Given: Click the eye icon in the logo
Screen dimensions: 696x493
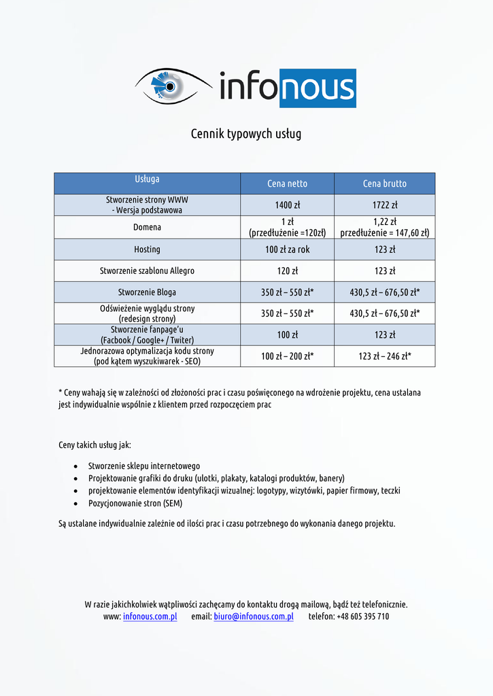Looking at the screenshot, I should pos(168,86).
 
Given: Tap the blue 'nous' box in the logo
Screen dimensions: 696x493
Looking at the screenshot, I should pos(318,88).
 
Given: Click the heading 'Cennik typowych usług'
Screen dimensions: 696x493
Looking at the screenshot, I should pos(245,134).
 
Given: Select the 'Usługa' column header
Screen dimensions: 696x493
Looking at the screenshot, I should pos(147,179).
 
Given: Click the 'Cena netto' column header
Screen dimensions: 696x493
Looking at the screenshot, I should pos(287,184).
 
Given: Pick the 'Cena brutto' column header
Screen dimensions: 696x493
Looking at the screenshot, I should pos(384,184).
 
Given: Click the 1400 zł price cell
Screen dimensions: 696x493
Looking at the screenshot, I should pos(287,205).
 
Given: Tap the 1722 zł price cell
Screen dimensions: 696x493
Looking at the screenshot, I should pos(384,205).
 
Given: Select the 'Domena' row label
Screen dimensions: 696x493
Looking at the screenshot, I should pos(147,227).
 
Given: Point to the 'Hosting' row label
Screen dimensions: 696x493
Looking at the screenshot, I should pos(147,249).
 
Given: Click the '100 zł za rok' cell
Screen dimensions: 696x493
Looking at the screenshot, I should pos(287,249).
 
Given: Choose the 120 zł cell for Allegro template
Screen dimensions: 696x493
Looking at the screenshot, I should pos(287,271).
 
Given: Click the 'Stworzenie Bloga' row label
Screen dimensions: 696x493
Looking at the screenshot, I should pos(147,292).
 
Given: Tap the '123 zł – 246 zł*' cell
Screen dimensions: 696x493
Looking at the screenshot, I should pos(384,355).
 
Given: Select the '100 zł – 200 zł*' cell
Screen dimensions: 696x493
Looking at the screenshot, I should pos(287,355).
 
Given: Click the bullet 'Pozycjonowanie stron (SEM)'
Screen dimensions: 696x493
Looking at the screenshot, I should pos(135,504).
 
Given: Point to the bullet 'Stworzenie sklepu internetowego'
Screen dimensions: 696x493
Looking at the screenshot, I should pos(144,466).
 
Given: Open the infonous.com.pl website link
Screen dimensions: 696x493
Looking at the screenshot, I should pos(150,616).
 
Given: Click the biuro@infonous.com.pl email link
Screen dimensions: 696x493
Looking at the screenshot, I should pos(253,616).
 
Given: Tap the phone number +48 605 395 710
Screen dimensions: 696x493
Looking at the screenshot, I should pos(362,616).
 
